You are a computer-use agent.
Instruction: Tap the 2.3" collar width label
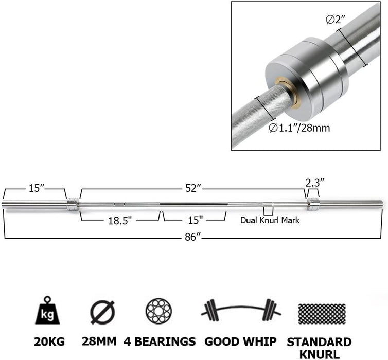tap(315, 183)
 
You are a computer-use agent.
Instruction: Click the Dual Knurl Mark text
tap(270, 220)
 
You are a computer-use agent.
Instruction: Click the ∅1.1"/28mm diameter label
tap(299, 128)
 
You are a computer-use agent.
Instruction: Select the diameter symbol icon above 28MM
tap(102, 312)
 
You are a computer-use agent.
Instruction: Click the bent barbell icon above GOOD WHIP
tap(241, 311)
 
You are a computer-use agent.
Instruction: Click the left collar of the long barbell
tap(73, 204)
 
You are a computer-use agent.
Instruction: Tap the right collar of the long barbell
tap(313, 204)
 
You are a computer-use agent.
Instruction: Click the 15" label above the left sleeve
tap(35, 188)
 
